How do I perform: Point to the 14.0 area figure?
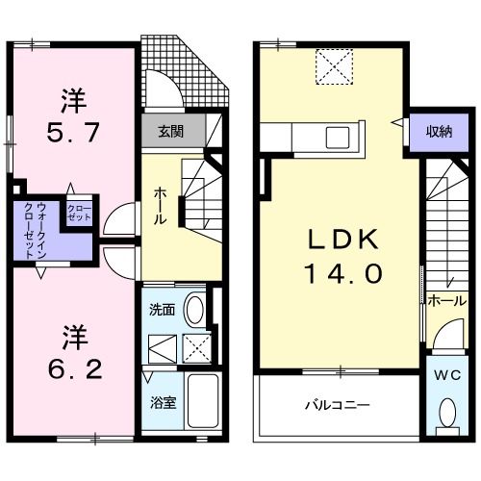point(345,273)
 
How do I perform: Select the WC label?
point(447,372)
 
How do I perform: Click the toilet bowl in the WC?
point(446,411)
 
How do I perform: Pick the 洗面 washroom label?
point(161,310)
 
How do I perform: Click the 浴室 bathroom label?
point(161,403)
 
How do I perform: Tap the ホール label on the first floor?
point(159,205)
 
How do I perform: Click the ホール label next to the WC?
point(447,300)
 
